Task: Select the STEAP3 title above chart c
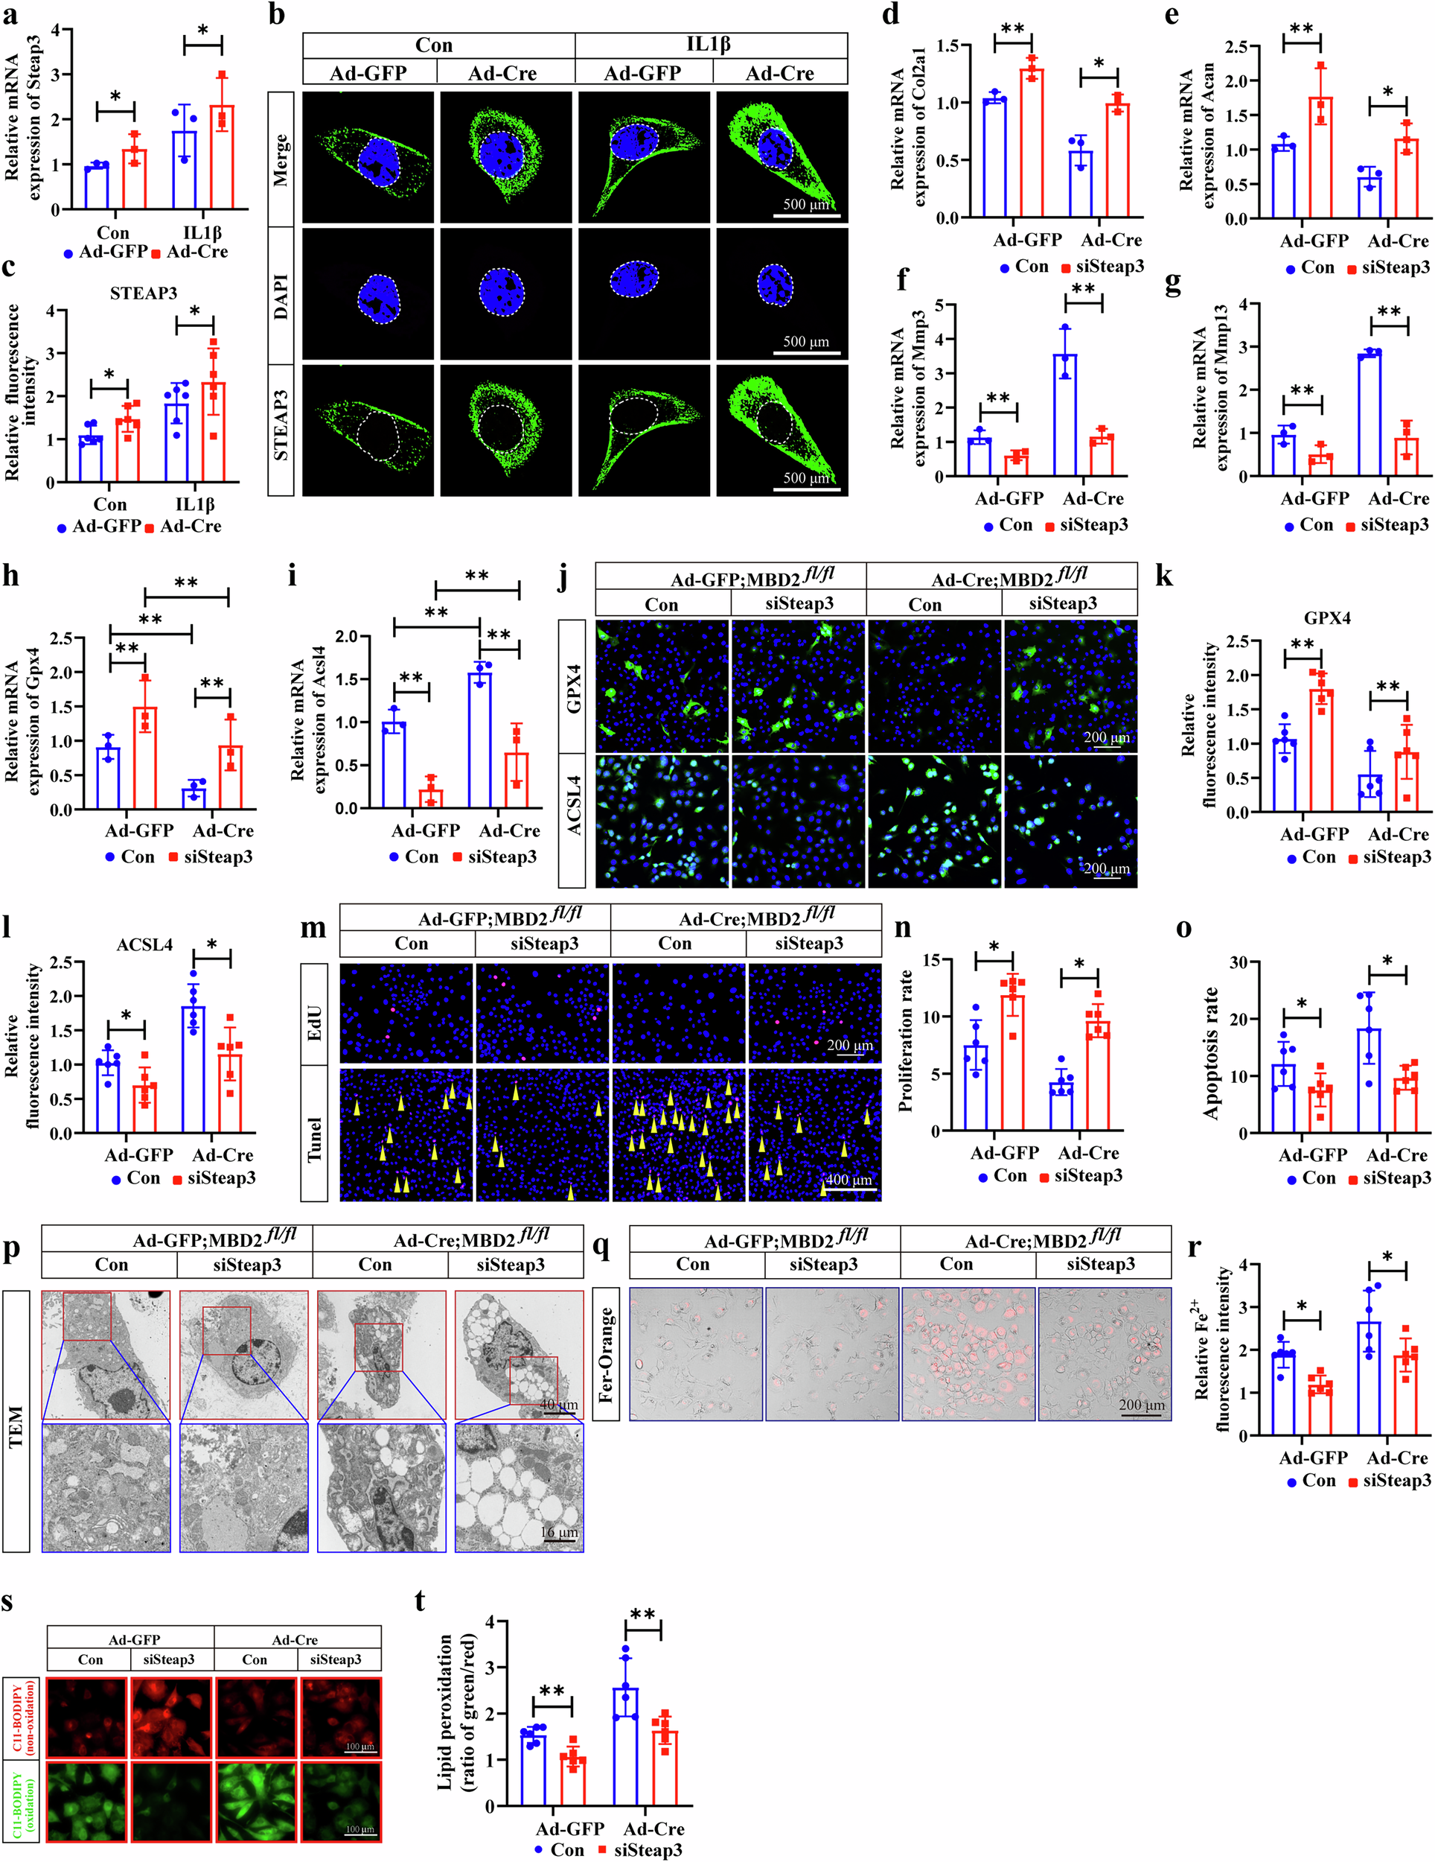coord(143,293)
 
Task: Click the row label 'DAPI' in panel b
coord(281,296)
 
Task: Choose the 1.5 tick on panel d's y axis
coord(947,46)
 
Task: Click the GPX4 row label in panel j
coord(574,687)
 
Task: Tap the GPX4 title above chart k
coord(1327,618)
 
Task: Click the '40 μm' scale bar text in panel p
coord(558,1405)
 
